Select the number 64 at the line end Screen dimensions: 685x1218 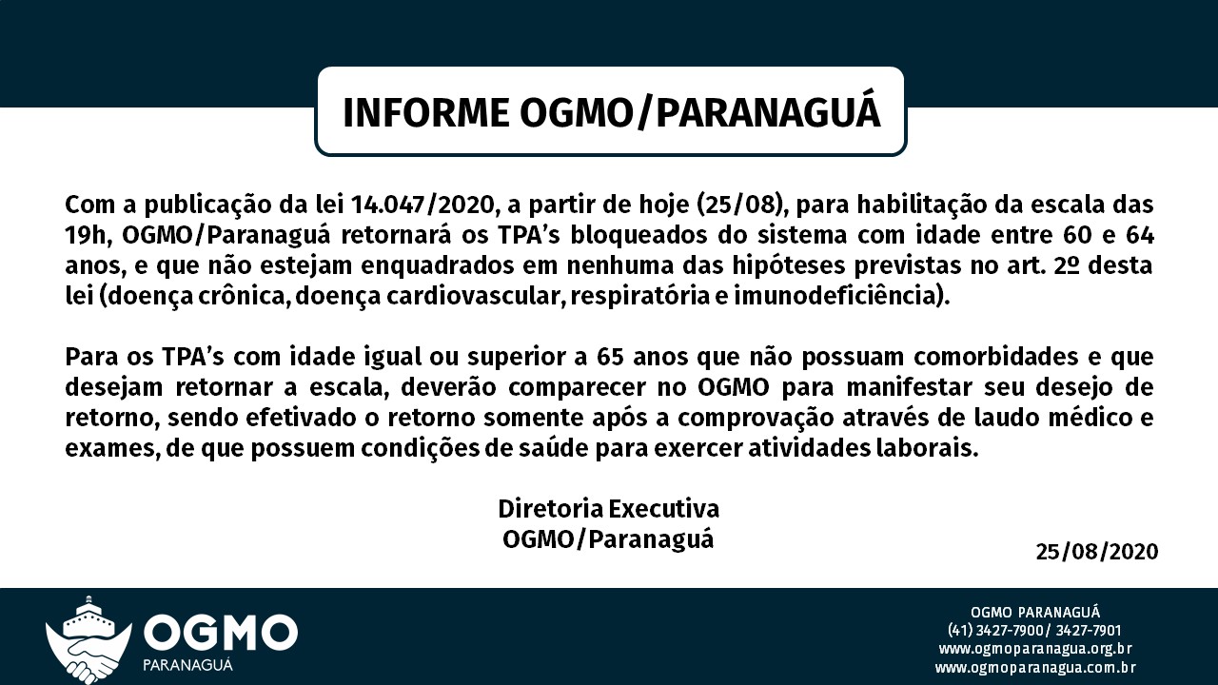1138,235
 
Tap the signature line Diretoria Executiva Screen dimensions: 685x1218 608,508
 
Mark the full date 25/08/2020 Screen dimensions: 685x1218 1097,552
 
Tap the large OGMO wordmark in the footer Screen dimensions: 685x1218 220,631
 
